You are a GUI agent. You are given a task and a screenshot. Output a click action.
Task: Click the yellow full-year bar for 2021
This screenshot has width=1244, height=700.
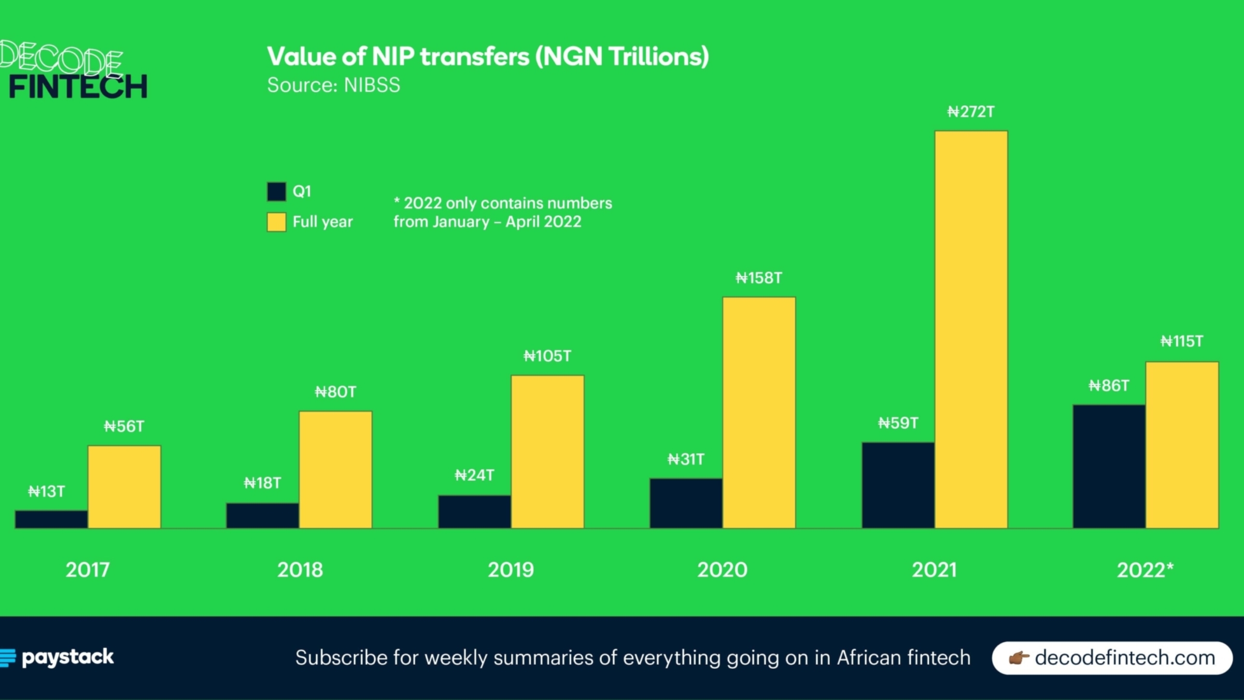pos(971,329)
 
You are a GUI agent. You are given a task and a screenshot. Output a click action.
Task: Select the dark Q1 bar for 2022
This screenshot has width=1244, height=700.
pos(1109,466)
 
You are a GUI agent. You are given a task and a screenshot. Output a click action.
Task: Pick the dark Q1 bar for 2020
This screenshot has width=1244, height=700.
pos(686,503)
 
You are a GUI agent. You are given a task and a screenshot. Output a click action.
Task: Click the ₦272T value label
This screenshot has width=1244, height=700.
pos(971,112)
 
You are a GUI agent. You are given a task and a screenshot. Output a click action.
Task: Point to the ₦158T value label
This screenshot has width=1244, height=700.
pos(759,278)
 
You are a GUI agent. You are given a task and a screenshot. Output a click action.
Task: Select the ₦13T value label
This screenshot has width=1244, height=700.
pos(47,492)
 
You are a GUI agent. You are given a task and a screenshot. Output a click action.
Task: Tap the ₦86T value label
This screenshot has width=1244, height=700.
pos(1109,386)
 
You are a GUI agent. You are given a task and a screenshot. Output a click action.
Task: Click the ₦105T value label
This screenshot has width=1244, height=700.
pos(547,356)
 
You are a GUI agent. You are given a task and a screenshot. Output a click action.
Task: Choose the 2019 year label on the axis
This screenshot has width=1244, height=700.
pos(511,570)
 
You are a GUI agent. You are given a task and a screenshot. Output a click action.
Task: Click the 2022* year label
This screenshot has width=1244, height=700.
pos(1145,570)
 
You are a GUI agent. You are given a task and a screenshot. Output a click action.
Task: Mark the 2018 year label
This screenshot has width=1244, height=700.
pos(300,570)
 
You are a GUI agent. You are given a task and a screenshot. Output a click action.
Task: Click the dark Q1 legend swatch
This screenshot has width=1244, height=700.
pos(276,191)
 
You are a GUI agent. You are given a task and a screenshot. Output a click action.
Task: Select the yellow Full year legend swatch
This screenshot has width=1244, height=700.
pos(276,222)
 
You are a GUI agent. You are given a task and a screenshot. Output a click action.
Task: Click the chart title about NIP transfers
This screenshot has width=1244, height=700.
pos(488,57)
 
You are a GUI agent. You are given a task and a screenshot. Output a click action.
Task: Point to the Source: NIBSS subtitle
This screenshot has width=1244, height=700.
pos(333,85)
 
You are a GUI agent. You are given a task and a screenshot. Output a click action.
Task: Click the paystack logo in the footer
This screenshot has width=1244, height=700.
pos(58,657)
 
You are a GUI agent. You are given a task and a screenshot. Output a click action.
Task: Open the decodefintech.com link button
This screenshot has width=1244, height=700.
pos(1112,657)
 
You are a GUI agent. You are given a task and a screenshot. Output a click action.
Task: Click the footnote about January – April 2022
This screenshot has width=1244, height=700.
pos(502,212)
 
